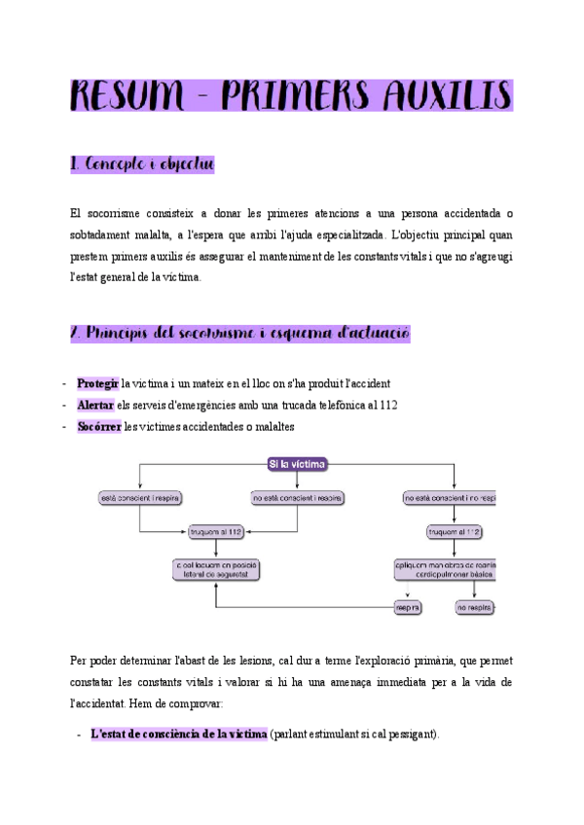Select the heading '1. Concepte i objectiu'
pos(142,166)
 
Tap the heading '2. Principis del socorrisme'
pos(239,333)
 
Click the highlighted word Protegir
pos(97,383)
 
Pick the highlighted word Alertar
pos(95,405)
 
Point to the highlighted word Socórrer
pos(99,427)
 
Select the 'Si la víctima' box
pos(298,464)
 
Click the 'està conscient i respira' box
pos(142,499)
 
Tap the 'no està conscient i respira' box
pos(297,499)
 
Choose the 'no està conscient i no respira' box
pos(450,499)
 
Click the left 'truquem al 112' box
pos(217,532)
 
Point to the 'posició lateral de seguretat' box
pos(217,570)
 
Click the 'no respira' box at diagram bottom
pos(476,607)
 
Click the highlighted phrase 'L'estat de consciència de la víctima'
pos(178,735)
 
